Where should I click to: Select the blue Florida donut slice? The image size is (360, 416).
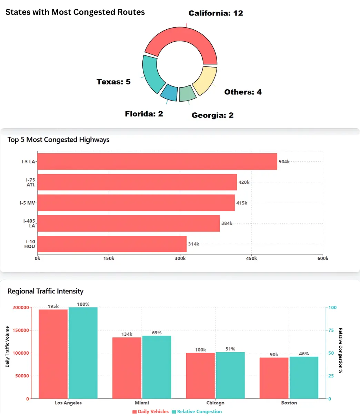(169, 92)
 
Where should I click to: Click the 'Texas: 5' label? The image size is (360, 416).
(113, 82)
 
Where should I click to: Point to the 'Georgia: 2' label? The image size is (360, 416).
(212, 115)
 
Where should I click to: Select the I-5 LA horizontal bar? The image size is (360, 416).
(157, 162)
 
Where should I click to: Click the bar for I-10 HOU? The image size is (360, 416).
(112, 244)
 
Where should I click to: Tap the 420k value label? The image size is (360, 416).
(244, 182)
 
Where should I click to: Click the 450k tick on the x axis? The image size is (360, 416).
(251, 258)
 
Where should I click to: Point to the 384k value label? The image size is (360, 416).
(227, 223)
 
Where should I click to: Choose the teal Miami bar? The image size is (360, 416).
(157, 367)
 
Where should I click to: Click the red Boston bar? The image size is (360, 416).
(274, 378)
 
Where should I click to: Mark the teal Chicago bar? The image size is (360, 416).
(230, 375)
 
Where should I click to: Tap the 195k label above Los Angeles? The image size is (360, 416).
(53, 306)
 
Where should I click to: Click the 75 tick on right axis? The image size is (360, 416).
(331, 330)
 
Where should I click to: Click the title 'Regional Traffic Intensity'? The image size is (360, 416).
(46, 291)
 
